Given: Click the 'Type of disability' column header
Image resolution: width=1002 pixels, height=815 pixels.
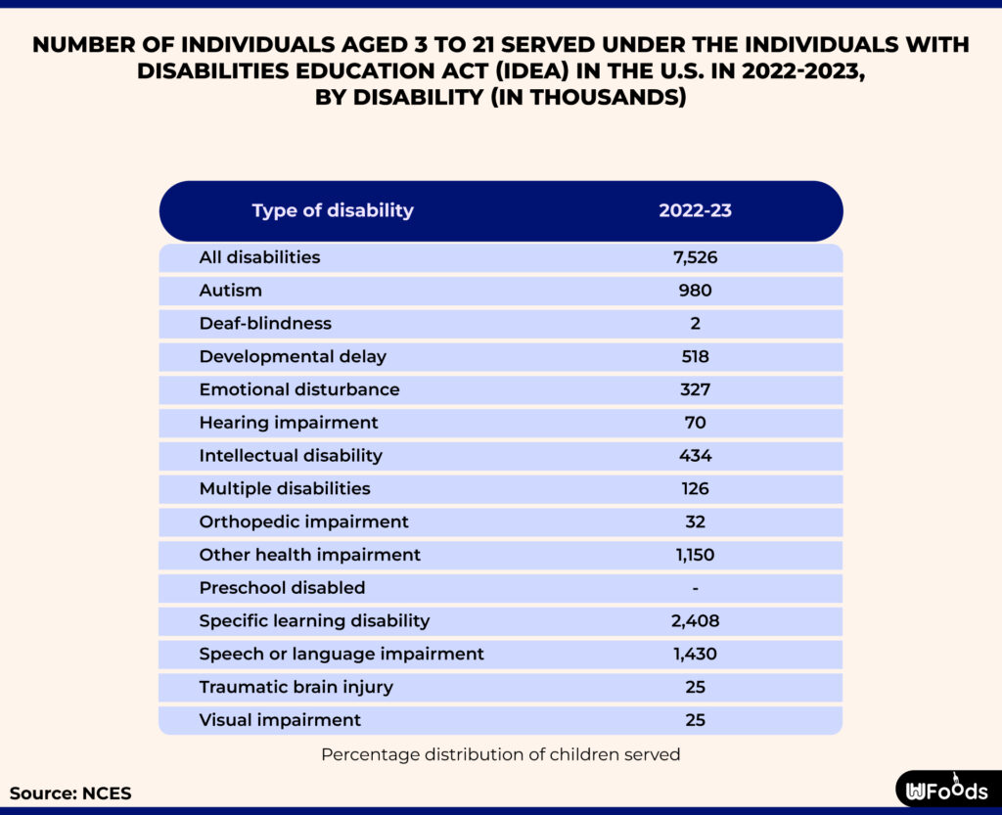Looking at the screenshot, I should pyautogui.click(x=333, y=210).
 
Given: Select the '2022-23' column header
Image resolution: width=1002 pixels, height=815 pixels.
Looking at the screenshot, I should pyautogui.click(x=695, y=210).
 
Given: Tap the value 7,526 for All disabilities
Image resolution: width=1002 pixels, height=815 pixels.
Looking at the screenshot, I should pyautogui.click(x=695, y=257).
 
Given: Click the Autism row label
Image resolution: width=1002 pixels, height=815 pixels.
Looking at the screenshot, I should pyautogui.click(x=231, y=291).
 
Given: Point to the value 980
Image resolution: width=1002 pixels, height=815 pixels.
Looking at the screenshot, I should pyautogui.click(x=695, y=291).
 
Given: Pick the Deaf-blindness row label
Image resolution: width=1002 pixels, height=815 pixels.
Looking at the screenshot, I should pyautogui.click(x=265, y=323).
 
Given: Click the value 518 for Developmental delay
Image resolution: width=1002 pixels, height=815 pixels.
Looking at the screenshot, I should pyautogui.click(x=695, y=356).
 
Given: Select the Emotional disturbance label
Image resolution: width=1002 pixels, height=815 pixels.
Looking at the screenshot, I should pyautogui.click(x=299, y=389).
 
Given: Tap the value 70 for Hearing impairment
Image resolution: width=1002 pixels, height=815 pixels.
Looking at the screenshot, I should pyautogui.click(x=695, y=423).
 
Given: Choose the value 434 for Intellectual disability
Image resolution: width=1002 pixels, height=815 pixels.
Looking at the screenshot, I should pyautogui.click(x=695, y=456).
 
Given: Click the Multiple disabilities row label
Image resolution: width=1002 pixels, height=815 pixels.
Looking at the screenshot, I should pyautogui.click(x=285, y=488).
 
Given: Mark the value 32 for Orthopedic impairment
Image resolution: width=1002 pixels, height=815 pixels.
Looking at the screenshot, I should pyautogui.click(x=695, y=521).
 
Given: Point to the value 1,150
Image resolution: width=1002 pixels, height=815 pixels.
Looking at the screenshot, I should pyautogui.click(x=695, y=555).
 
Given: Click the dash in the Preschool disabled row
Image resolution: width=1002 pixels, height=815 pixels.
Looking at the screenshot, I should pyautogui.click(x=695, y=588).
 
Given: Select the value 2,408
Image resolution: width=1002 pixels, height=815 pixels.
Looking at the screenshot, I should pyautogui.click(x=695, y=621).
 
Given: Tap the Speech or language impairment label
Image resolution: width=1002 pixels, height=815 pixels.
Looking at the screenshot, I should pyautogui.click(x=342, y=654).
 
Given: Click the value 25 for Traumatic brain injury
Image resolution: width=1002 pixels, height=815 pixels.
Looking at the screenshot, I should pyautogui.click(x=695, y=687).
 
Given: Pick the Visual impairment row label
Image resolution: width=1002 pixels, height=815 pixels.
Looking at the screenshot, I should pyautogui.click(x=280, y=720).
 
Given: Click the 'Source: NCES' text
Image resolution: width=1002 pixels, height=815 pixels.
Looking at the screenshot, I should pyautogui.click(x=70, y=793).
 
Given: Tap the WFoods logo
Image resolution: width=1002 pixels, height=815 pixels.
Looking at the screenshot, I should pyautogui.click(x=946, y=791).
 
